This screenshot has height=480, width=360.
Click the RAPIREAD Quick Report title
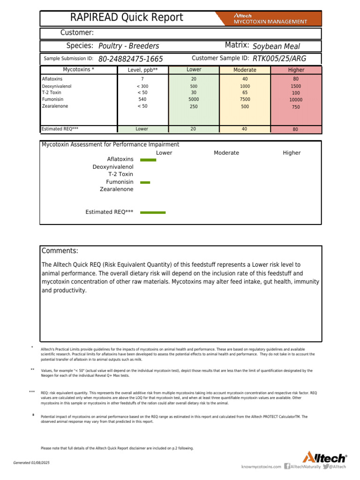pyautogui.click(x=127, y=18)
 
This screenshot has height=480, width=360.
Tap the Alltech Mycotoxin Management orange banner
pyautogui.click(x=270, y=18)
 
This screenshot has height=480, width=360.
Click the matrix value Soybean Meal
pyautogui.click(x=276, y=46)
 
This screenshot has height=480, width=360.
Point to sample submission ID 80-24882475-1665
pyautogui.click(x=131, y=59)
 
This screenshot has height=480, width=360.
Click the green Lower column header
pyautogui.click(x=194, y=70)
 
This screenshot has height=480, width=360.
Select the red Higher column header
pyautogui.click(x=296, y=70)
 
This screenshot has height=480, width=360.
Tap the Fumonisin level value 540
pyautogui.click(x=142, y=99)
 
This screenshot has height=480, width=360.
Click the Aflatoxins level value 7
pyautogui.click(x=142, y=79)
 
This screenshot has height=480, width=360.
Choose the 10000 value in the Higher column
pyautogui.click(x=296, y=100)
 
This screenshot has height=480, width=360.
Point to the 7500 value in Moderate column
pyautogui.click(x=245, y=99)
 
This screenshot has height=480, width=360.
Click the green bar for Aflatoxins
pyautogui.click(x=148, y=160)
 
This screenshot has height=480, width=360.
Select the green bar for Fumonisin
pyautogui.click(x=145, y=182)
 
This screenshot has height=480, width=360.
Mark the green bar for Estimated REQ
pyautogui.click(x=153, y=212)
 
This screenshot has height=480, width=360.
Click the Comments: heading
pyautogui.click(x=60, y=251)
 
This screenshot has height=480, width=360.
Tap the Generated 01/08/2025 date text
pyautogui.click(x=31, y=463)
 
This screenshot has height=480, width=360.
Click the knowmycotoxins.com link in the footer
pyautogui.click(x=261, y=466)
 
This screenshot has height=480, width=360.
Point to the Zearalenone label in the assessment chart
pyautogui.click(x=116, y=189)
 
